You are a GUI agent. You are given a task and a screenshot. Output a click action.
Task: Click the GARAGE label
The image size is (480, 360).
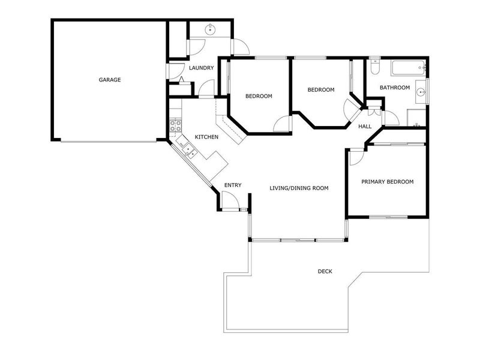pyautogui.click(x=110, y=80)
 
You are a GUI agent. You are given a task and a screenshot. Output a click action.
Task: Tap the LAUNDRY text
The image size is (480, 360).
pyautogui.click(x=201, y=68)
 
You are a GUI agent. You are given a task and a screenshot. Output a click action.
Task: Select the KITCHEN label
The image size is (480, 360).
pyautogui.click(x=206, y=137)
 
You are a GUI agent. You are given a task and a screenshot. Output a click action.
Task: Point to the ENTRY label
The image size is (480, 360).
pyautogui.click(x=233, y=185)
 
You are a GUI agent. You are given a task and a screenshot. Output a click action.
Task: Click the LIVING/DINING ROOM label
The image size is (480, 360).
pyautogui.click(x=298, y=188)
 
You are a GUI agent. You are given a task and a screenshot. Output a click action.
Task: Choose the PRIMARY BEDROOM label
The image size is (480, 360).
pyautogui.click(x=387, y=182)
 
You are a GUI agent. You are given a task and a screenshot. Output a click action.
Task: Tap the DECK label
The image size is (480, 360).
pyautogui.click(x=325, y=271)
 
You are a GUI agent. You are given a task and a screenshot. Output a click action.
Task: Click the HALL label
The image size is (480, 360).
pyautogui.click(x=365, y=127)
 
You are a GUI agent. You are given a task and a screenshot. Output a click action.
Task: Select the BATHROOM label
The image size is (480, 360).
pyautogui.click(x=394, y=88)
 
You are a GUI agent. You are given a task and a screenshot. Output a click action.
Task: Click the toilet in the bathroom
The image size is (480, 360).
pyautogui.click(x=374, y=67)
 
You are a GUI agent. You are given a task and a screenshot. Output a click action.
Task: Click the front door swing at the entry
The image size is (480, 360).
pyautogui.click(x=230, y=200)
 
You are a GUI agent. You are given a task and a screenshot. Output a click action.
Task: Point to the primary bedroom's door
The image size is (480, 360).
pyautogui.click(x=355, y=157)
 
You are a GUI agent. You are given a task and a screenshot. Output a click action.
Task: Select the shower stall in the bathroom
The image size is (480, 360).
pyautogui.click(x=416, y=118)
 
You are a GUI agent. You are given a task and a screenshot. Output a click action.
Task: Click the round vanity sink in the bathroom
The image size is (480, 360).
pyautogui.click(x=421, y=92)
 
